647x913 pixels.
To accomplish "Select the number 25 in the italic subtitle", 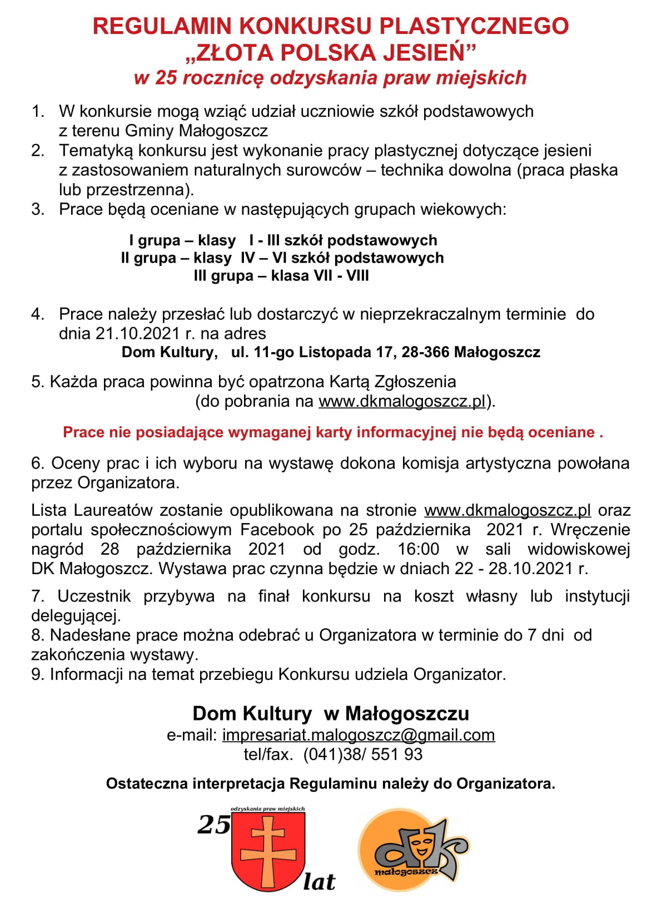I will click(166, 77).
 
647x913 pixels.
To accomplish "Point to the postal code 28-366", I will click(425, 352).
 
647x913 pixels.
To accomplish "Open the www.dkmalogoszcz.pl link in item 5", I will click(402, 401).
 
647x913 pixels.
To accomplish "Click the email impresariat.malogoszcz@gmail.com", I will click(359, 735).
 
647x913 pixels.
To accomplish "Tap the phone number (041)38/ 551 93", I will click(363, 754).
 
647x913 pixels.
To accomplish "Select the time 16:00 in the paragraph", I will click(418, 549).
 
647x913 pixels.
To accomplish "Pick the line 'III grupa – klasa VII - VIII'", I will click(281, 276).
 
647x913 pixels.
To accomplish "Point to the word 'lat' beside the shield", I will click(319, 881).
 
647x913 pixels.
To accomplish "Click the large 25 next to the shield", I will click(213, 825).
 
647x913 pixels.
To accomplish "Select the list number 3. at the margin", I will click(38, 210).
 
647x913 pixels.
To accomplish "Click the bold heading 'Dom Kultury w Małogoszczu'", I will click(331, 713).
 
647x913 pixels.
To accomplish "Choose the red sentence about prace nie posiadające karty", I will click(333, 432).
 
